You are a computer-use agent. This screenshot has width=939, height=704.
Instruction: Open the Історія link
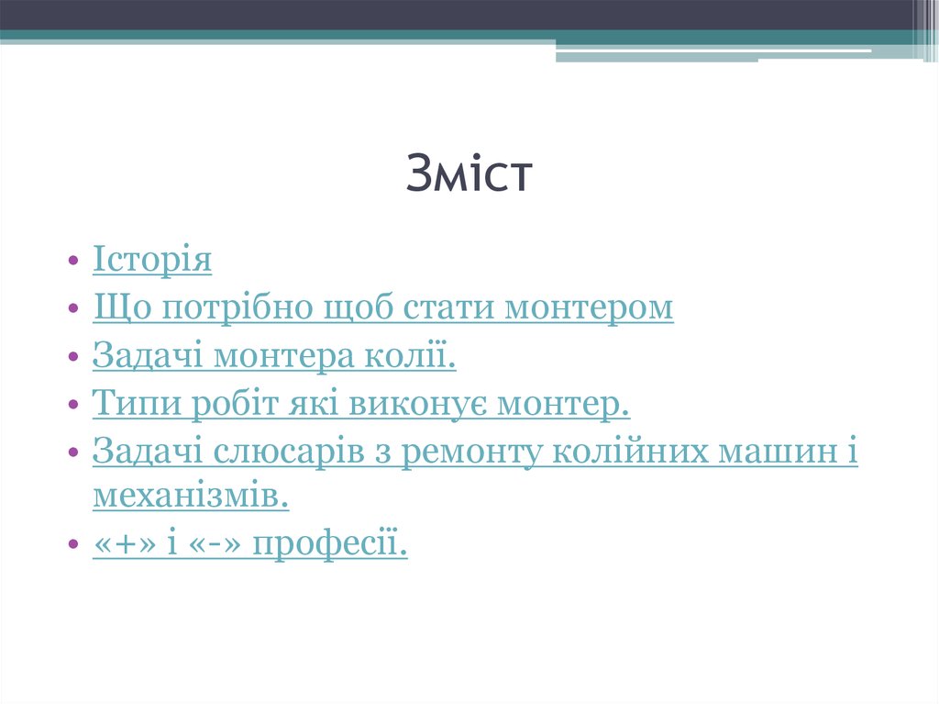click(152, 260)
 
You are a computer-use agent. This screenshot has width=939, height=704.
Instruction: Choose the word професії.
click(330, 545)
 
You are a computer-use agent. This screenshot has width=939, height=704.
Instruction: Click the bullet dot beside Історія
click(73, 262)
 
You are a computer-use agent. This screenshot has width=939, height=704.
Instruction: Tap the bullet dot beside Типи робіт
click(73, 405)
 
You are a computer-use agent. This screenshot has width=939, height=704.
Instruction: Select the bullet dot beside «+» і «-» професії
click(73, 546)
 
